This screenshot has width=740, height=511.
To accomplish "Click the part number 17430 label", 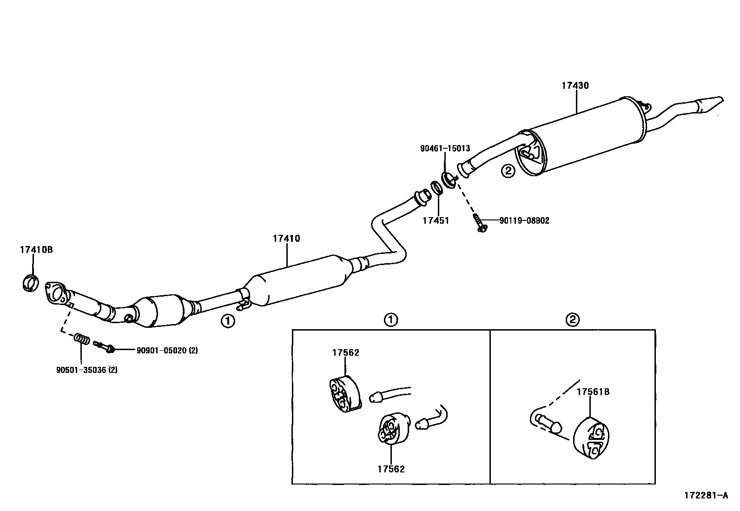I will (575, 86).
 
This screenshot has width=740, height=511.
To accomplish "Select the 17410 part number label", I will (286, 239).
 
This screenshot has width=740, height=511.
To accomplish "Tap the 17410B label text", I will (36, 250).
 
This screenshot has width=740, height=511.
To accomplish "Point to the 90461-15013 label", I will (445, 149).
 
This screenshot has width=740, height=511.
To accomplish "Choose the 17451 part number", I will (436, 220).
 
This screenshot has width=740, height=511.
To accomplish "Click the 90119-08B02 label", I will (524, 220).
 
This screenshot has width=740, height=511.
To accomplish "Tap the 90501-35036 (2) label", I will (86, 370).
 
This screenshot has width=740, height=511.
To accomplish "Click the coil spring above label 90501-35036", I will (82, 339).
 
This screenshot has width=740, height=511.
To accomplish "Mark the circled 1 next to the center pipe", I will (227, 320).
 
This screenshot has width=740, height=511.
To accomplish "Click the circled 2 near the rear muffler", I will (508, 171).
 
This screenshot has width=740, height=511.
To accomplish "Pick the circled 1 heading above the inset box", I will (390, 319).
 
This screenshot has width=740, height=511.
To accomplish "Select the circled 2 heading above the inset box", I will (572, 319).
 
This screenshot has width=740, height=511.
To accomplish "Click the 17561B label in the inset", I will (593, 392).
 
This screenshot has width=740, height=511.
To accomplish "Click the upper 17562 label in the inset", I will (345, 352).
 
